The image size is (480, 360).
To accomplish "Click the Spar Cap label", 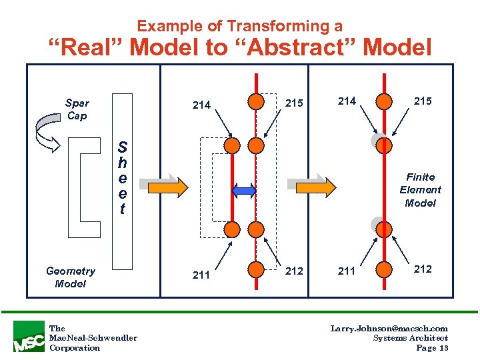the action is tap(77, 109).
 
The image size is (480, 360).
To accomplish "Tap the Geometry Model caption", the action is tap(71, 277).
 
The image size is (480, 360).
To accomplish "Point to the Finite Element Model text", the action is tap(420, 190).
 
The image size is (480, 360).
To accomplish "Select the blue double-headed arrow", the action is tap(244, 191).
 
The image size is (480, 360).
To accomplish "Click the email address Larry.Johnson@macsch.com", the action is tap(389, 328).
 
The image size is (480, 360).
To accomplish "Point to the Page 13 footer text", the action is tap(432, 348).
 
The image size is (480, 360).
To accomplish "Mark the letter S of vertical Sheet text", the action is tap(122, 147).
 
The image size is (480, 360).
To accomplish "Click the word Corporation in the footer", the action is tap(75, 348).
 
